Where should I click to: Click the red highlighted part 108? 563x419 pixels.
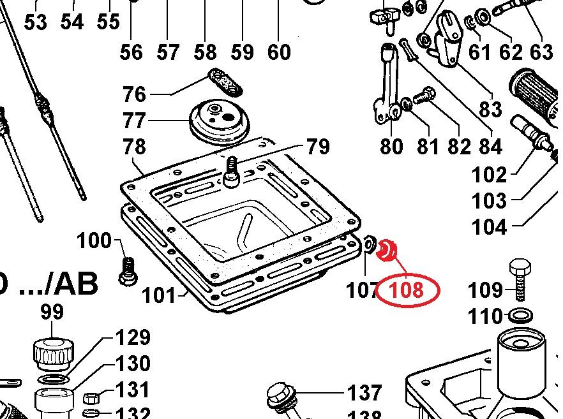(x=387, y=250)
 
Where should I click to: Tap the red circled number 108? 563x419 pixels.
(x=407, y=291)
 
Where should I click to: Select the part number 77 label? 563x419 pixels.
(x=135, y=121)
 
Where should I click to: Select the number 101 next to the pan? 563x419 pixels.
(x=158, y=295)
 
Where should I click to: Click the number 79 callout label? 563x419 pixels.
(x=318, y=147)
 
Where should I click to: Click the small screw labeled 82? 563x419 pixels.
(x=423, y=98)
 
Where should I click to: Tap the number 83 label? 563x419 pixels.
(x=490, y=109)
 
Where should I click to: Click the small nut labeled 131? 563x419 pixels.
(x=91, y=399)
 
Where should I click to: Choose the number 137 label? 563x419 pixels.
(x=364, y=392)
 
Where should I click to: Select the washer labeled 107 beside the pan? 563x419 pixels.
(x=369, y=244)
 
